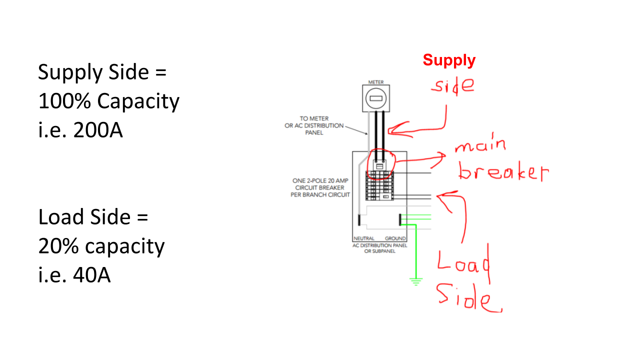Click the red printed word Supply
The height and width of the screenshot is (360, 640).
[449, 61]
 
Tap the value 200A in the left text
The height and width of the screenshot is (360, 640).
[98, 130]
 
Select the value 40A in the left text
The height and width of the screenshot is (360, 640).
[91, 275]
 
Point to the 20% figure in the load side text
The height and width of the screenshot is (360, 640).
[58, 246]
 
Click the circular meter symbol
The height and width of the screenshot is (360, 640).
[376, 98]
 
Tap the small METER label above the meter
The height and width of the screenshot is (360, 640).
[376, 82]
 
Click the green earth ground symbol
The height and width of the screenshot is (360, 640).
[416, 281]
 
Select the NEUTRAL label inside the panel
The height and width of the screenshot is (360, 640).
[363, 238]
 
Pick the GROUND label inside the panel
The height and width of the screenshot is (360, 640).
[395, 238]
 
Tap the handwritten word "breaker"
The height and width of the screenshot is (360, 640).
[503, 172]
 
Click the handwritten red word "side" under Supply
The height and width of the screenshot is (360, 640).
[453, 85]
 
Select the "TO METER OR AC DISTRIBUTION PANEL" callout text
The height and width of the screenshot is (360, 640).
[314, 125]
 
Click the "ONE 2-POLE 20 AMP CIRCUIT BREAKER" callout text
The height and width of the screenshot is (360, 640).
[320, 187]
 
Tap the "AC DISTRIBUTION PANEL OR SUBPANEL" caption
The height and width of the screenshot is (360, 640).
[379, 248]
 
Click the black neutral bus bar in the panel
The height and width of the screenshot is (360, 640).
[359, 219]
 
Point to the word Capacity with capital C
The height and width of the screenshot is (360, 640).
[138, 101]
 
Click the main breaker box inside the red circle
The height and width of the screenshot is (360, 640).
[379, 165]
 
